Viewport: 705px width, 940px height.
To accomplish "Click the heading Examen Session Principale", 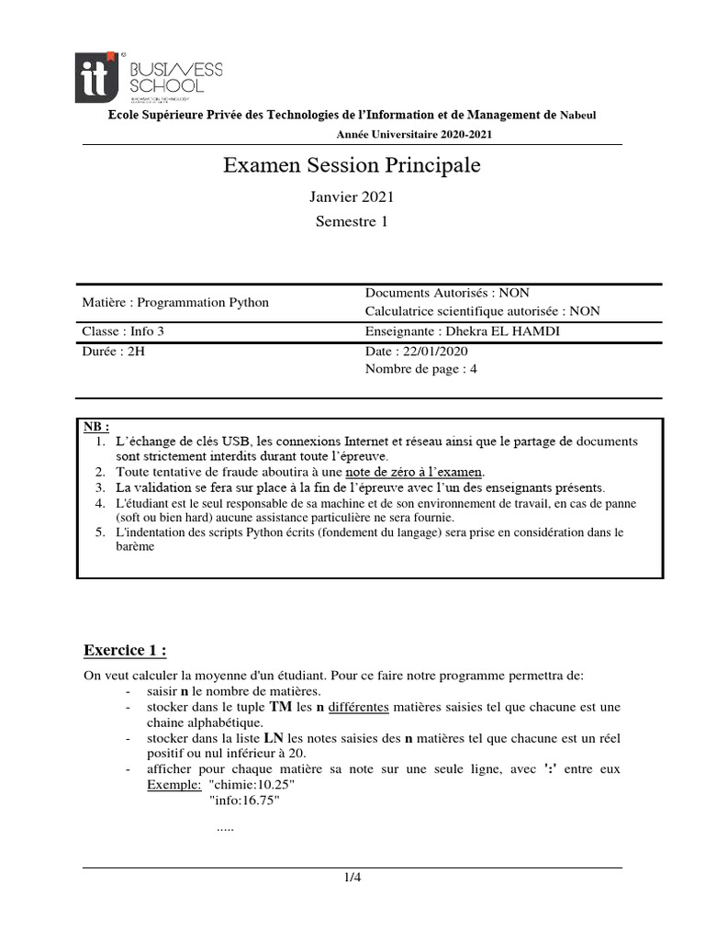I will tap(352, 166).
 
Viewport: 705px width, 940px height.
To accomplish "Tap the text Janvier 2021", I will tap(352, 196).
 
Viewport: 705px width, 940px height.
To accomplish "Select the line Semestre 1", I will tap(352, 221).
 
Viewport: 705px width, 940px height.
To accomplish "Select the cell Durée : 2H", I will tap(114, 351).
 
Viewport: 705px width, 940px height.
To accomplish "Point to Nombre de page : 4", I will tap(421, 369).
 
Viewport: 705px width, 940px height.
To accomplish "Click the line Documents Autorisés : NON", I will tap(447, 293).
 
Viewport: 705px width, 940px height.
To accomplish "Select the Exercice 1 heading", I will tap(125, 651).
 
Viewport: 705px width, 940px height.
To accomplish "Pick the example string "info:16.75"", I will tap(244, 800).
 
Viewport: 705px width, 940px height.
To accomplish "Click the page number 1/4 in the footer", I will tap(352, 877).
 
